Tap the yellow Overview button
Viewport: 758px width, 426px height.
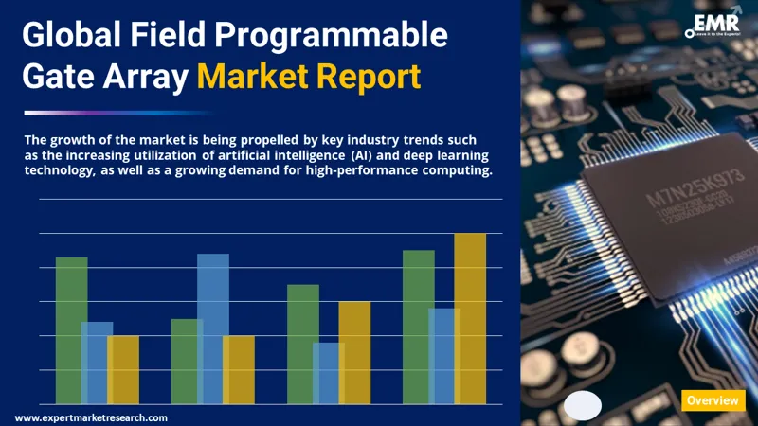(713, 400)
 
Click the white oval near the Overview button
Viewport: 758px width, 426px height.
(583, 405)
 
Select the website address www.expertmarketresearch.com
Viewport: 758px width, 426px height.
(92, 417)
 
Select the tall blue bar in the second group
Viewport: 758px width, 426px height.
(213, 328)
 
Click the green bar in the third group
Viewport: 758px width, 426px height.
(302, 343)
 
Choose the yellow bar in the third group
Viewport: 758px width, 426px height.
(354, 351)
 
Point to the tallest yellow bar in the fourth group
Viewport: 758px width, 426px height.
(470, 318)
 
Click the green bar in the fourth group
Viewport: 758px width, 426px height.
(418, 326)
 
